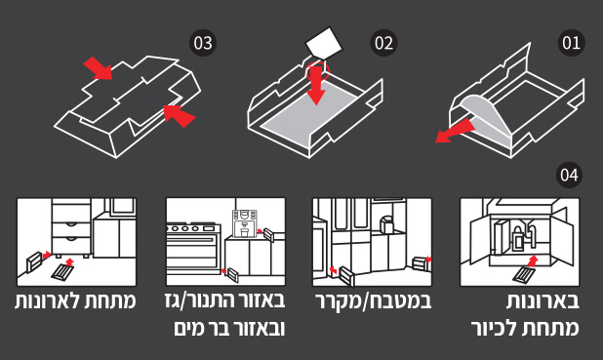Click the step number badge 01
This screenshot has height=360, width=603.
pos(571,43)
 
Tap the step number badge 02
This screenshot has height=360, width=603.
pos(383,43)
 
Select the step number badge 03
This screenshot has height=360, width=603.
pos(203,43)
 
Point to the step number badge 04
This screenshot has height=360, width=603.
pos(569,175)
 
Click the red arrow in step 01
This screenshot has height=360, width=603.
pos(455,131)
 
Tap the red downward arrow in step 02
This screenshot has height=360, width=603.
pos(317,85)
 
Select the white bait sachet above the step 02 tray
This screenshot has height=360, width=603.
pos(324,42)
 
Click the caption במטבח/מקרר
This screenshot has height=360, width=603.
pos(374,301)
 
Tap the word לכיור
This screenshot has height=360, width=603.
pos(496,328)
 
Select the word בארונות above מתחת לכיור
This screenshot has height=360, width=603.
pos(543,300)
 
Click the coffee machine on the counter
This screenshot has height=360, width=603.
pos(244,223)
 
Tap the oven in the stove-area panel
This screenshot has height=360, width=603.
pos(193,247)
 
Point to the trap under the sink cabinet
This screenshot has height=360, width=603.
pos(524,274)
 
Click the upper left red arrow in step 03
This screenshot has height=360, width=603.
pos(98,68)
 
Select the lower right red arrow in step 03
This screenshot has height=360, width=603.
pos(180,115)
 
